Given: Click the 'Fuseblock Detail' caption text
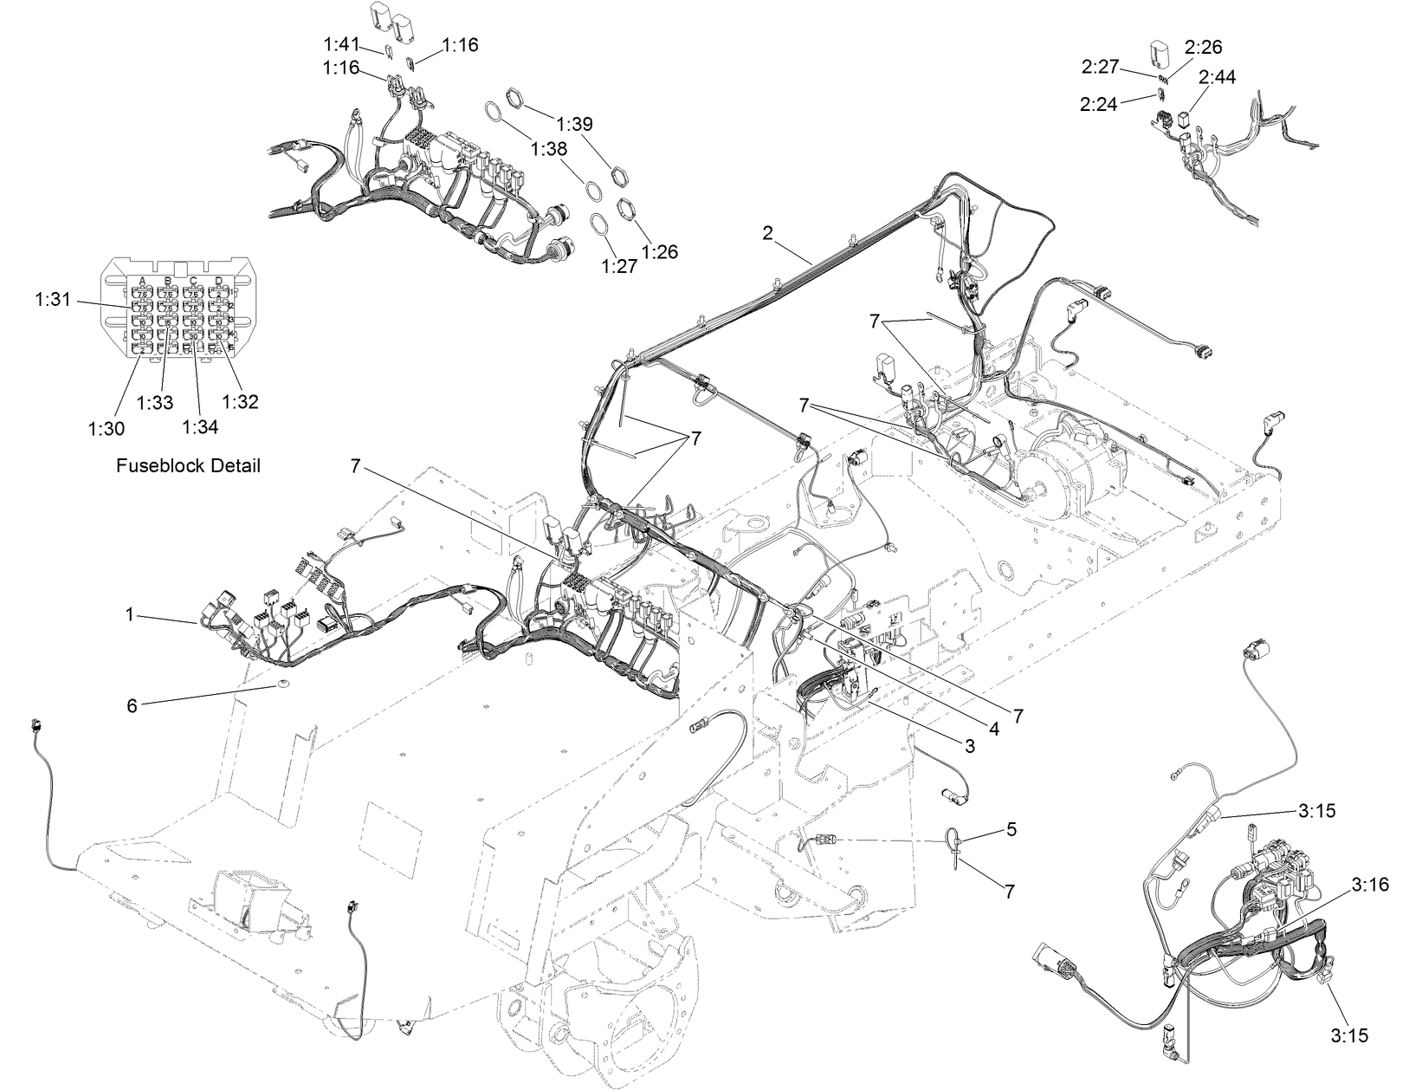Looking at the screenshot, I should point(188,465).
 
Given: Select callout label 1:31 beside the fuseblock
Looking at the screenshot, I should point(54,300).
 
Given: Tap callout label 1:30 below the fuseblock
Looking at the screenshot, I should point(106,428).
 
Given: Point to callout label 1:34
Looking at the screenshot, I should point(201,425).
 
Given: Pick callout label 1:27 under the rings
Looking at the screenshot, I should point(619,266).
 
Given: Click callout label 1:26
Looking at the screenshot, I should point(660,252).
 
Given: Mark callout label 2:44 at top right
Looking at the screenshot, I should point(1217,77).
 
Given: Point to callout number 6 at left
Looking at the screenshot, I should point(132,705).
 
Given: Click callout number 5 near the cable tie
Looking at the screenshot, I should point(1012,829).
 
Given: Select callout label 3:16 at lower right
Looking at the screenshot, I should point(1369,884).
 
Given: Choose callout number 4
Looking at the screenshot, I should point(994,730).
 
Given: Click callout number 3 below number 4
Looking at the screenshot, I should point(969,745).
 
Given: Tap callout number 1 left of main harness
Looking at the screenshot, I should point(130,614).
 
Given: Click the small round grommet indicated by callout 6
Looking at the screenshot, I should point(283,685).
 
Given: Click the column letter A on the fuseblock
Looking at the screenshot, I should point(141,281).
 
